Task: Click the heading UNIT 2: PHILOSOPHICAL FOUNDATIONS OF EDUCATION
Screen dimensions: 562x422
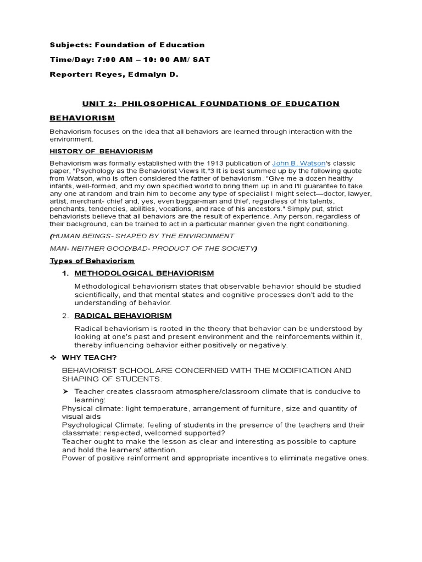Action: click(x=210, y=104)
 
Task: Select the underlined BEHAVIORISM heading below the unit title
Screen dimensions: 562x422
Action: click(x=82, y=118)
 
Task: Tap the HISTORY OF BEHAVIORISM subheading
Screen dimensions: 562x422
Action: click(x=101, y=151)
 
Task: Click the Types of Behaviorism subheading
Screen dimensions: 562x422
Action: click(x=92, y=261)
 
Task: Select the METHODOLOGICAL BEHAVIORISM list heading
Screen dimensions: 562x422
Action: click(x=144, y=273)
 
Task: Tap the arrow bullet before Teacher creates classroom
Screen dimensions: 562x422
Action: click(x=65, y=392)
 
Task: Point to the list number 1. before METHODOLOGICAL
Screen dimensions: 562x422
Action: click(x=65, y=273)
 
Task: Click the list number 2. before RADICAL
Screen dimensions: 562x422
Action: click(x=65, y=316)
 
